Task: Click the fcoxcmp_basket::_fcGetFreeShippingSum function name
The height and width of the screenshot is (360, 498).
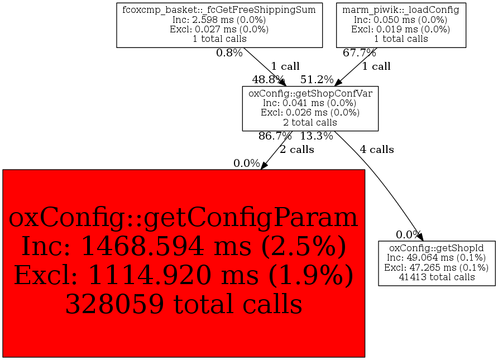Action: (x=219, y=10)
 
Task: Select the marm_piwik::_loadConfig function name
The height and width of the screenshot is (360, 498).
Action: (x=401, y=10)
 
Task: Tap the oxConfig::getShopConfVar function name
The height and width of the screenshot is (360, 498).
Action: (x=310, y=93)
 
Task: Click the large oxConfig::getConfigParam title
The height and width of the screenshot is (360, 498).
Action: (x=183, y=218)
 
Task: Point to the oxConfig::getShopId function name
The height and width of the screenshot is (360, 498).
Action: (x=437, y=248)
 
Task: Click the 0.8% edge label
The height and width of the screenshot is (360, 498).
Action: (x=229, y=52)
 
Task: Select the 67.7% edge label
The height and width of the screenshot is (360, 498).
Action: (x=359, y=52)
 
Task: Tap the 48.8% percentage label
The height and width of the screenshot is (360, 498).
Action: (x=268, y=79)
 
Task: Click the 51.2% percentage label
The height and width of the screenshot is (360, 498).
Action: (x=317, y=79)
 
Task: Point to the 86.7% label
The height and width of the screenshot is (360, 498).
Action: (x=275, y=136)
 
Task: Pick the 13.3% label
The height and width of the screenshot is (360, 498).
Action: (x=317, y=136)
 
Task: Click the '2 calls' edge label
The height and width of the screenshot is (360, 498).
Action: (x=297, y=150)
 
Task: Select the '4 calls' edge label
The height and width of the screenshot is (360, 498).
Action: (x=377, y=150)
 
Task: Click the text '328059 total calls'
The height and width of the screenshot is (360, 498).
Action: (x=184, y=304)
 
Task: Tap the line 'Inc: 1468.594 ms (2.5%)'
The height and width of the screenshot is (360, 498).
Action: (x=184, y=246)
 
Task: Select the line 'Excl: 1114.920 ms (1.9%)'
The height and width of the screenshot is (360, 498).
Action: (x=184, y=275)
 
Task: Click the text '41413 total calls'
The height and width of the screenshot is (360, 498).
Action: (x=437, y=277)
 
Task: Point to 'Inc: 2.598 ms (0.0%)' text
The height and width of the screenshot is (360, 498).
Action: (x=219, y=20)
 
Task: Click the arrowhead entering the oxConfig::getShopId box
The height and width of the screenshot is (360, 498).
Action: (x=420, y=237)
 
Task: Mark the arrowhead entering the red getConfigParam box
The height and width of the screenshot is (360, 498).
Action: (x=264, y=165)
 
